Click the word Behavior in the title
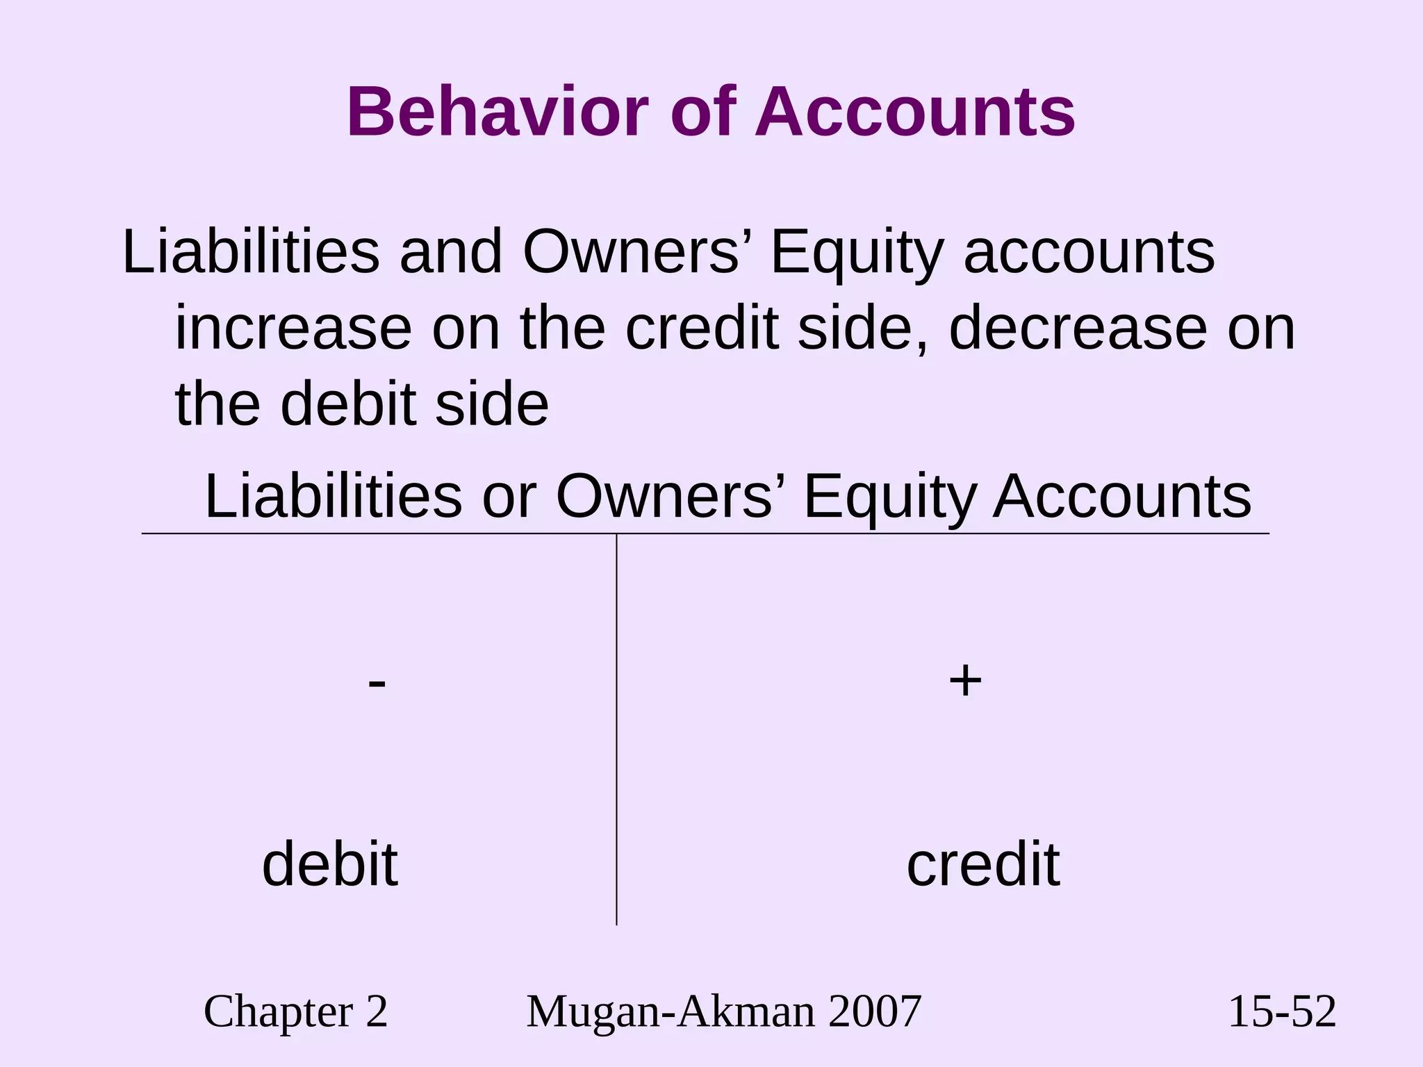click(497, 113)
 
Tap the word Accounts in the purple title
click(915, 113)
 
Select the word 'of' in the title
click(702, 113)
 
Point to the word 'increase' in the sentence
click(293, 329)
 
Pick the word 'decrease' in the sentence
click(1078, 329)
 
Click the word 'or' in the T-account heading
click(509, 497)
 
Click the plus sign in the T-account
click(965, 680)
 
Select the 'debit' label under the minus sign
click(330, 865)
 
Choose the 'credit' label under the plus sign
click(983, 865)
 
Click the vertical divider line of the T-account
click(616, 729)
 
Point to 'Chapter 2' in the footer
click(295, 1011)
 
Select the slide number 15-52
click(1282, 1011)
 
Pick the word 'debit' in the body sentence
click(347, 405)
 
